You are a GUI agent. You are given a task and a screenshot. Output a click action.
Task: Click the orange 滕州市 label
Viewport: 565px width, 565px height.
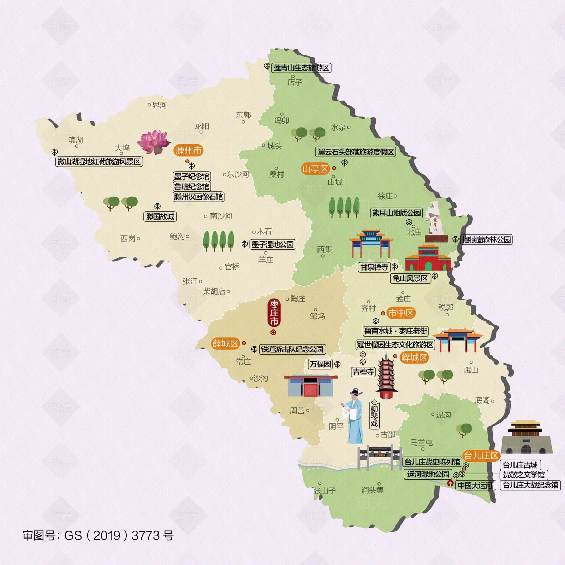(189, 150)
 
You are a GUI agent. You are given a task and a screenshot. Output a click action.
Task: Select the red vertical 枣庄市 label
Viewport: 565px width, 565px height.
(274, 313)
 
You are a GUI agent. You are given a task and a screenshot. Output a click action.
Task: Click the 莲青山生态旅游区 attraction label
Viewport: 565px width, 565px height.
(301, 67)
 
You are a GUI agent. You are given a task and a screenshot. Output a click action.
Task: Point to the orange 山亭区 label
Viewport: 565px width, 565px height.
(315, 169)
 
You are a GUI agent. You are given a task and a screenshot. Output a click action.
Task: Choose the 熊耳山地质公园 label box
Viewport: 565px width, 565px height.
(397, 213)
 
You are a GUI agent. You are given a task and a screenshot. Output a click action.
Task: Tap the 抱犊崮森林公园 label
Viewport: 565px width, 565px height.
(486, 239)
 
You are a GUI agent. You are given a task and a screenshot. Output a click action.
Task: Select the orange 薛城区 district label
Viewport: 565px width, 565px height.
(225, 343)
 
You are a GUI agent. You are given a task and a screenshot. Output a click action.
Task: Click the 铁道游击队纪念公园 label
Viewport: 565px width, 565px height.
(292, 349)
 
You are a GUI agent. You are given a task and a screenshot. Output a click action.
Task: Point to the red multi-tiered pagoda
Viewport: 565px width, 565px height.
(387, 377)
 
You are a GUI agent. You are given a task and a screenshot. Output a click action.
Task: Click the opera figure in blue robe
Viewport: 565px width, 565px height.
(354, 417)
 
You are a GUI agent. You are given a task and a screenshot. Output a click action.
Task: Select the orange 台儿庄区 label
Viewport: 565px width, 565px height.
(481, 456)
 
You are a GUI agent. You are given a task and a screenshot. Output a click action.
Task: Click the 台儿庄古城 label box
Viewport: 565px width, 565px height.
(520, 465)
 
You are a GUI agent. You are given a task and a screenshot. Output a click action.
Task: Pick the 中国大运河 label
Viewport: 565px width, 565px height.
(475, 486)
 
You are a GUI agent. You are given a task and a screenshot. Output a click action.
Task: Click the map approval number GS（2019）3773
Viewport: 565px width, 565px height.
(98, 535)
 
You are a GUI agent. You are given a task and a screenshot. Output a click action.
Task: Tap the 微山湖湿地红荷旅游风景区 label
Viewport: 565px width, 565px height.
(99, 162)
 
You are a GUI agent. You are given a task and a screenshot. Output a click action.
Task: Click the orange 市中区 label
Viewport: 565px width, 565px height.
(400, 313)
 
